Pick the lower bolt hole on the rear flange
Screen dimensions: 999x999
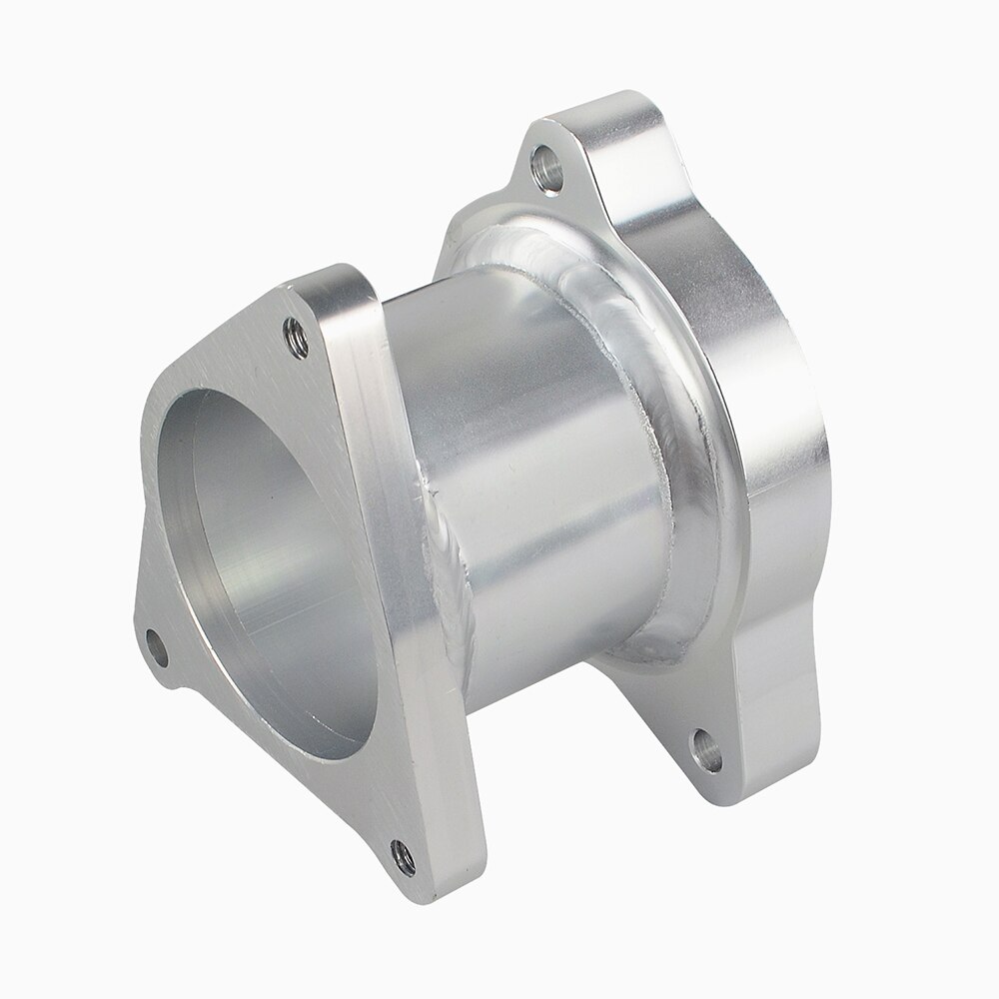coord(706,749)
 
